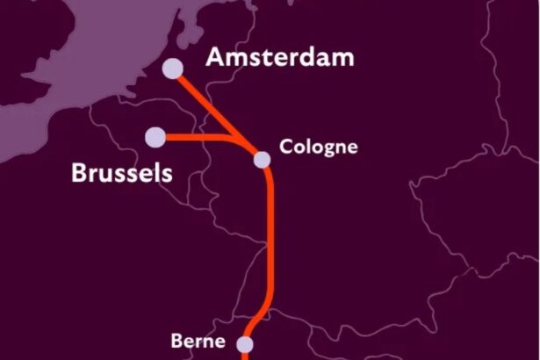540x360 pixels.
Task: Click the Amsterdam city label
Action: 279,58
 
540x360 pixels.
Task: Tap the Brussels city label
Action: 121,173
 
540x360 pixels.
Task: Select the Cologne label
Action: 318,146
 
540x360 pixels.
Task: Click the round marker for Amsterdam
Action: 172,68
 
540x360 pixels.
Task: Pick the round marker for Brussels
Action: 155,136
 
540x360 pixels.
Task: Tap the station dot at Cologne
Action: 262,159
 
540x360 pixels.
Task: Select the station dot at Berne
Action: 245,344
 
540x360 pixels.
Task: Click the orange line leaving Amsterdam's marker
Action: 198,96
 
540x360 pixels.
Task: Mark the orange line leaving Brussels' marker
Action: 189,137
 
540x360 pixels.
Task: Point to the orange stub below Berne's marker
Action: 245,355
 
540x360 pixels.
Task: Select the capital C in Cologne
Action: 285,146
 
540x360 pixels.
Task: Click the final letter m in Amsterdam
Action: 343,59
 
